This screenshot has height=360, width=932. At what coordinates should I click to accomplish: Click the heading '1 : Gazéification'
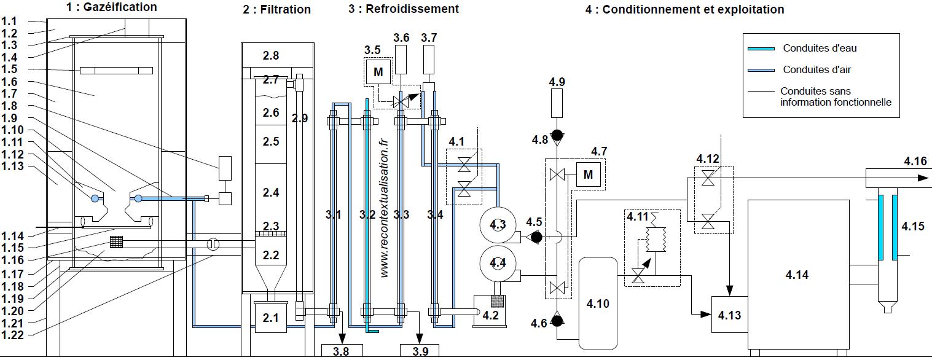(111, 7)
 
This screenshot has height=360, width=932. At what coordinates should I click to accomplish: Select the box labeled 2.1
(271, 318)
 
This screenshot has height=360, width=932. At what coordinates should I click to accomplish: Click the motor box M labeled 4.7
(588, 175)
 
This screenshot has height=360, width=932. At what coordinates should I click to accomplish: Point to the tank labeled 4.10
(598, 303)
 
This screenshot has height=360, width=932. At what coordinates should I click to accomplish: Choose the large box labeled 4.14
(797, 275)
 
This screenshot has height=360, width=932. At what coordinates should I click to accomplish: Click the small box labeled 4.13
(729, 315)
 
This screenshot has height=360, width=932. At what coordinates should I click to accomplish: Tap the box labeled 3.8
(342, 351)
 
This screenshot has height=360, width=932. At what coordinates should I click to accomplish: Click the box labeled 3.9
(420, 351)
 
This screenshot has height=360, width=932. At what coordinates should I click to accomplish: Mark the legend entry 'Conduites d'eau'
(811, 49)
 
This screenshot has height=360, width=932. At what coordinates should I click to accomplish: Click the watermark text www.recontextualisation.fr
(385, 206)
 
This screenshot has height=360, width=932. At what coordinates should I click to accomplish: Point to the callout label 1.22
(13, 334)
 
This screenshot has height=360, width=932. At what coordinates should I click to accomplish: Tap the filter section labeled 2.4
(271, 193)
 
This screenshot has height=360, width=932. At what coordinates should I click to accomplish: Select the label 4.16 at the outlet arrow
(915, 162)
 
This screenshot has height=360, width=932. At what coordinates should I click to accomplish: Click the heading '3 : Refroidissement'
(403, 9)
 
